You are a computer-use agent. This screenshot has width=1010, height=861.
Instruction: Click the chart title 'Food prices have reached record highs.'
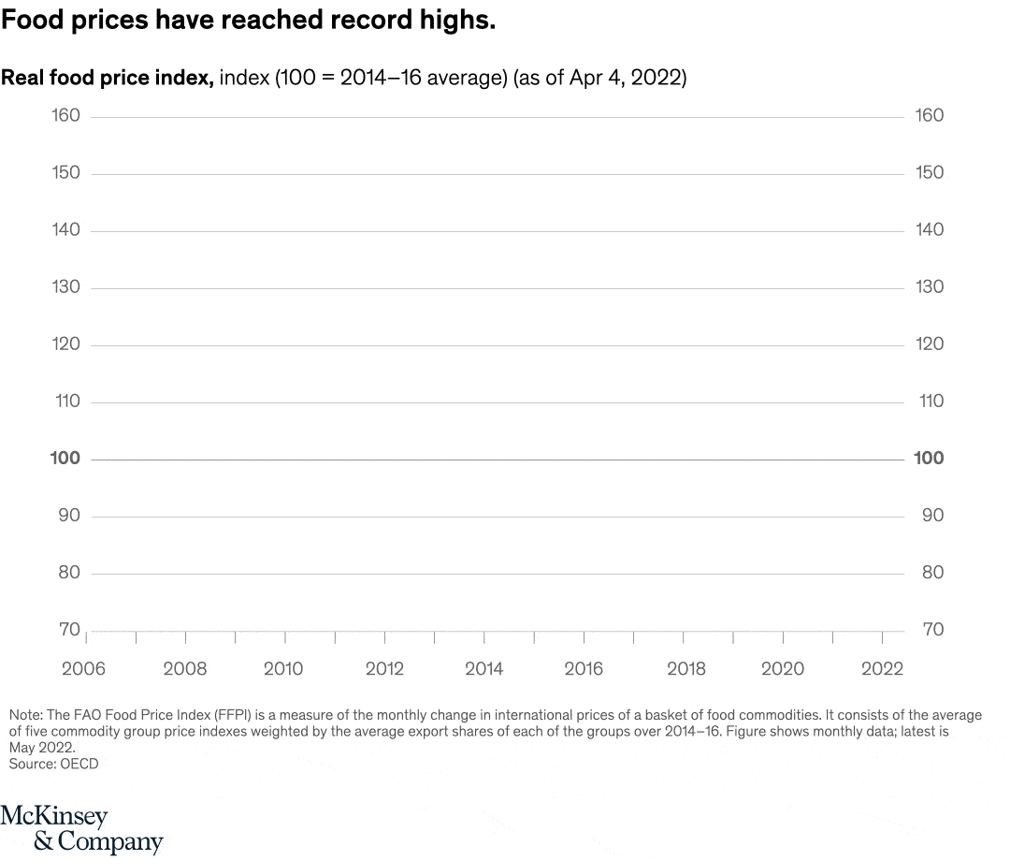(248, 21)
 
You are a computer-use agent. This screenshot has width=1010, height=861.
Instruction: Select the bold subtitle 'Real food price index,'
(108, 78)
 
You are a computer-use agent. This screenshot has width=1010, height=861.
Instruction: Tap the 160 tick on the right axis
(930, 115)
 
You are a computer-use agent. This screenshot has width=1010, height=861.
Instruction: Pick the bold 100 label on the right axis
(930, 458)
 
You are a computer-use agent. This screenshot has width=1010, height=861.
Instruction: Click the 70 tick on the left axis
(69, 629)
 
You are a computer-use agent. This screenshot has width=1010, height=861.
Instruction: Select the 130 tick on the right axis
(930, 286)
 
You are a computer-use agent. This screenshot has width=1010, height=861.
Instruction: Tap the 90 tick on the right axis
(932, 515)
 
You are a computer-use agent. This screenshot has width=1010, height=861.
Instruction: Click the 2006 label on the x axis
(83, 668)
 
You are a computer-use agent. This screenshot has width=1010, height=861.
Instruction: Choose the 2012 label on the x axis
(384, 668)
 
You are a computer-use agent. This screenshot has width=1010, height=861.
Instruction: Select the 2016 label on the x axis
(584, 668)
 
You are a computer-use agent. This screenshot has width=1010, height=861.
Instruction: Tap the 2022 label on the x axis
(882, 668)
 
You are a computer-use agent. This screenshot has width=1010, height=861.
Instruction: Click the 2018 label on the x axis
(685, 668)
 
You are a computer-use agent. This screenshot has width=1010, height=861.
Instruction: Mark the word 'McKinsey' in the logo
(54, 816)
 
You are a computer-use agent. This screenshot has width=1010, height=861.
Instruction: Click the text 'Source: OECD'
(53, 765)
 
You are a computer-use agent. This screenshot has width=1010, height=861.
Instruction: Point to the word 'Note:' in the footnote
(26, 715)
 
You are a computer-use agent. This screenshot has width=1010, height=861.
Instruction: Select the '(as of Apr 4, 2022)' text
(599, 78)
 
